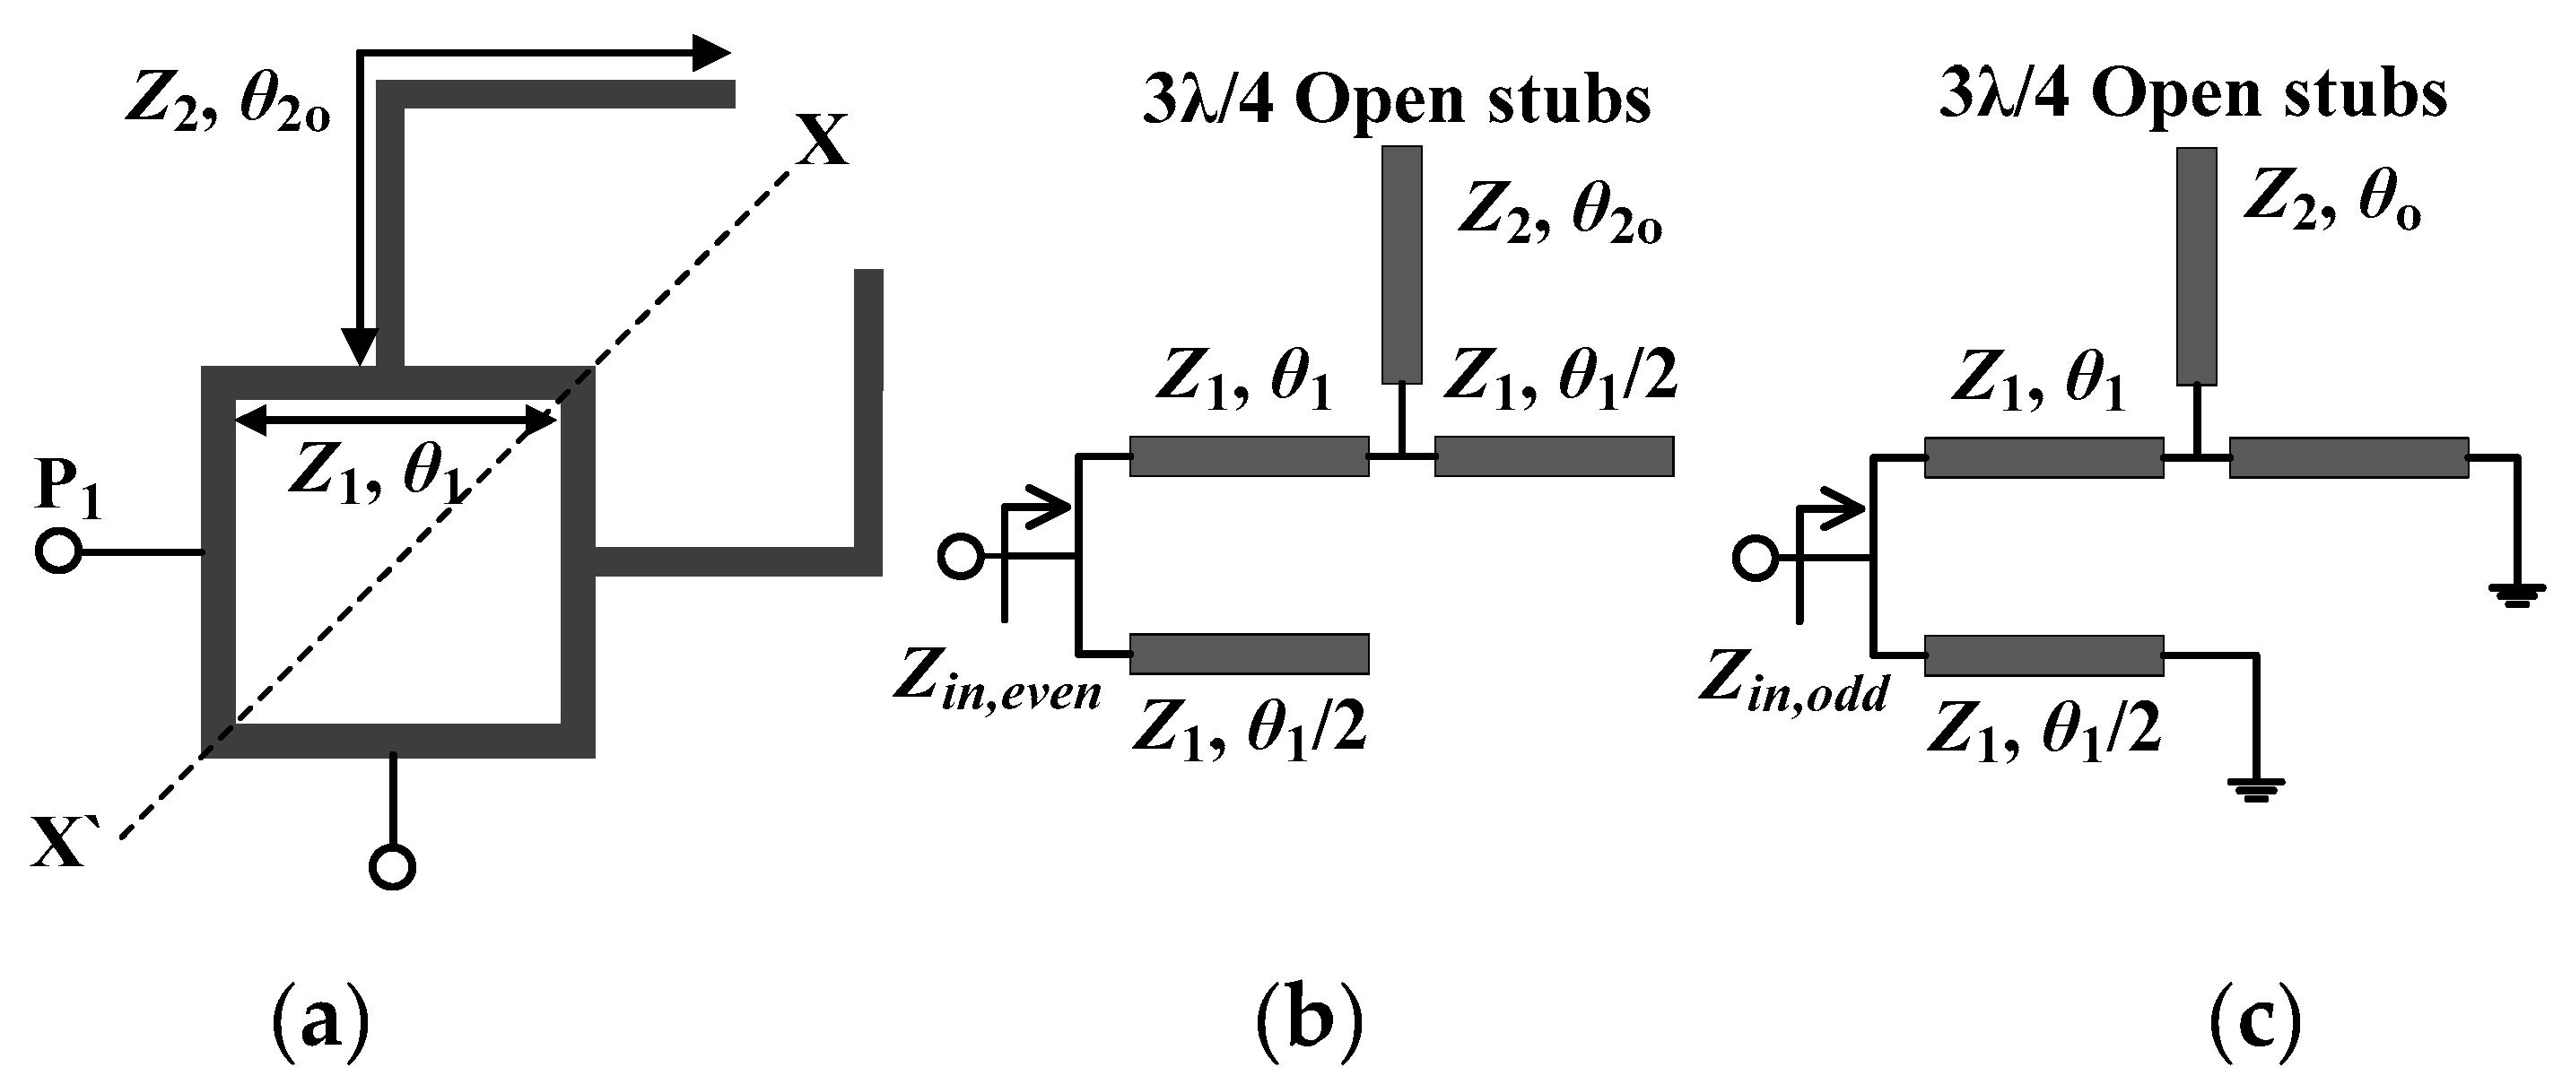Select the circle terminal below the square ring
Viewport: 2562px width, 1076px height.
(392, 866)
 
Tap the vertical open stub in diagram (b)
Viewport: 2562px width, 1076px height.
(1402, 265)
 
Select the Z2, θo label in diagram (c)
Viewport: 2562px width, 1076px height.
(2331, 203)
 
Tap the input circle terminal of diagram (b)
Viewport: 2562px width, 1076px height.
(960, 558)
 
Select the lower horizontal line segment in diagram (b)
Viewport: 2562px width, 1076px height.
(1250, 654)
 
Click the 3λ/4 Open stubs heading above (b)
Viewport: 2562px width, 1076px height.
(1397, 100)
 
